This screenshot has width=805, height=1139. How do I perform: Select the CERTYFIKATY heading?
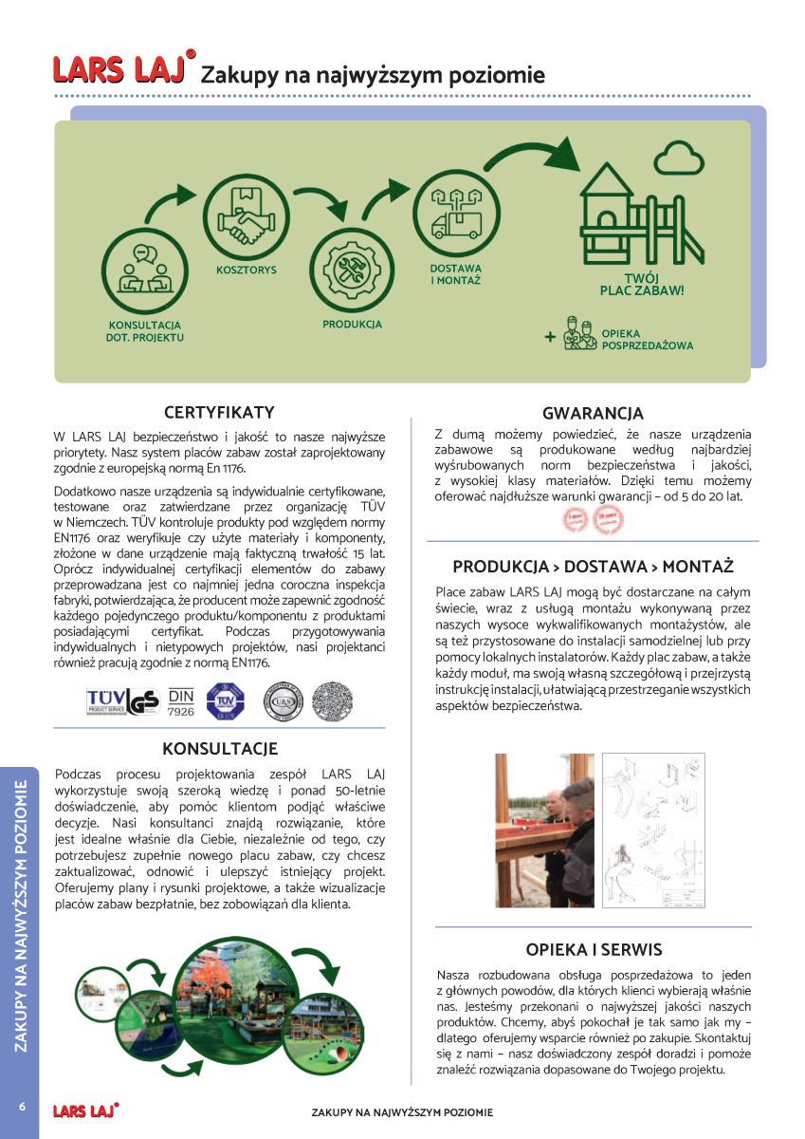coord(219,413)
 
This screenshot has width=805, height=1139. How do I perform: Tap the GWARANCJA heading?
coord(593,414)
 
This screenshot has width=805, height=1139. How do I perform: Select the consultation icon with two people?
coord(144,270)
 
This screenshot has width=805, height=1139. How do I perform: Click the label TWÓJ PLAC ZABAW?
coord(642,284)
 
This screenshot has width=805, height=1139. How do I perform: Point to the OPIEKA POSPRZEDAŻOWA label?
coord(647,340)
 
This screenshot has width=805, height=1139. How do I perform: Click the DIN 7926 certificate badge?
coord(181,700)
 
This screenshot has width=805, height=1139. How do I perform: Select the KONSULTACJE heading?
coord(220,750)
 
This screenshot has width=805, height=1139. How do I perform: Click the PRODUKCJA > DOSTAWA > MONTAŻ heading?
coord(593,568)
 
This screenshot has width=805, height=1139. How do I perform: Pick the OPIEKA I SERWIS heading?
coord(594,950)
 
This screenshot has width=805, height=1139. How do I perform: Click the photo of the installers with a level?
coord(544,831)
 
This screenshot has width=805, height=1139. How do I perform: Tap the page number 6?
coord(20,1108)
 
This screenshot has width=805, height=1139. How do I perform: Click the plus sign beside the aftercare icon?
coord(549,337)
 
